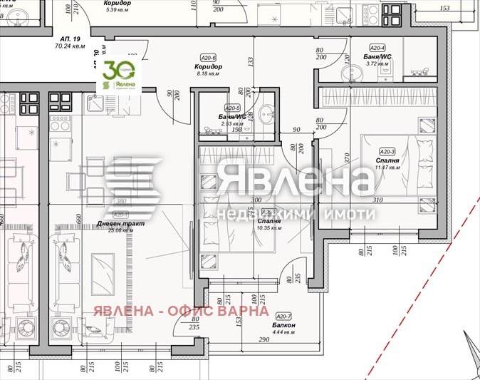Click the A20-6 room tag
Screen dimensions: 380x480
[x=208, y=58]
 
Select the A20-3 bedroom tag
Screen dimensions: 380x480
[x=387, y=152]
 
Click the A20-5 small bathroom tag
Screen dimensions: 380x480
[x=234, y=107]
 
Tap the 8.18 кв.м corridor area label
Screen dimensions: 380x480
[x=208, y=73]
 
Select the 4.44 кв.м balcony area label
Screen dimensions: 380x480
[x=285, y=332]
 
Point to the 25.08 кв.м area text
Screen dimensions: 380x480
[x=120, y=230]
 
